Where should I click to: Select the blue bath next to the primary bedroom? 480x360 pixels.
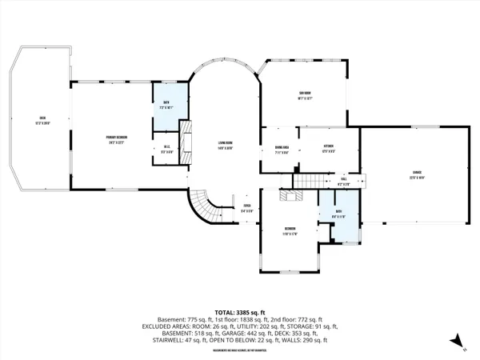[x=166, y=105]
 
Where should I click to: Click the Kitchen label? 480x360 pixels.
[x=328, y=147]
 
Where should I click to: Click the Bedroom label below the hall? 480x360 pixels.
[x=290, y=231]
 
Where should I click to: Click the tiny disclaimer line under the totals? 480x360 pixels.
[x=240, y=350]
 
